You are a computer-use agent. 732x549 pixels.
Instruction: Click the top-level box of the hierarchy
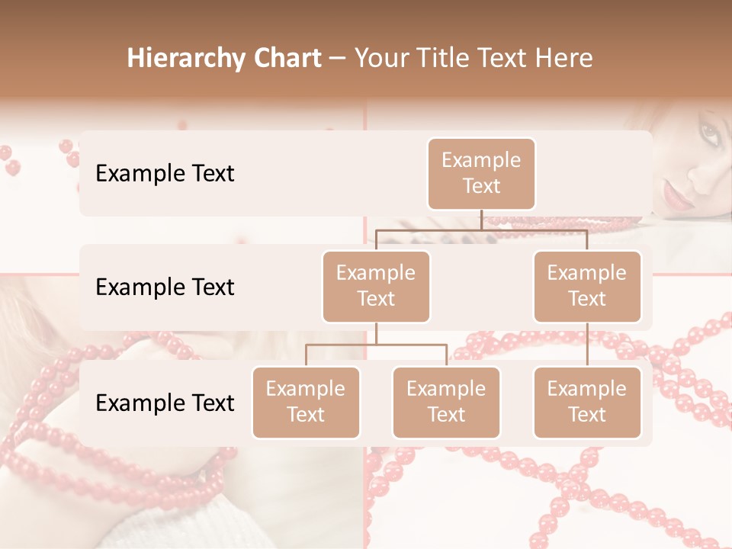pos(481,173)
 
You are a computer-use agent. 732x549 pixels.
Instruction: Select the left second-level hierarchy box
pos(376,286)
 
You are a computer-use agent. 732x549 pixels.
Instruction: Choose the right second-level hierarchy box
pos(587,286)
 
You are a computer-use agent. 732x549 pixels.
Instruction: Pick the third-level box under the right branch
pos(587,402)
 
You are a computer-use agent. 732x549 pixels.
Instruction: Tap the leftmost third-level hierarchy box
pos(306,402)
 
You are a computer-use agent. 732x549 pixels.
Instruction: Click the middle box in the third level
pos(446,402)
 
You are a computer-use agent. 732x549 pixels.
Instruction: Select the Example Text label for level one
pos(165,174)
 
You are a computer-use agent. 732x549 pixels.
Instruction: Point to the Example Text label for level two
pos(165,287)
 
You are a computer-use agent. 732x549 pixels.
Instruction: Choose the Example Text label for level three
pos(165,403)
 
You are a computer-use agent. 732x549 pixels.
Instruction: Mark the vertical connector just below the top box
pos(481,220)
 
